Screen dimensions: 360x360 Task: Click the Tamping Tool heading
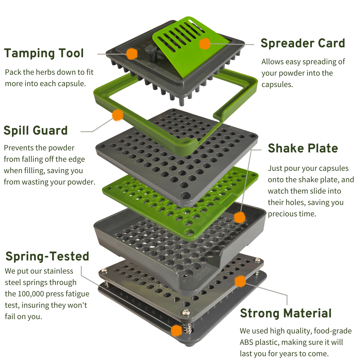[44, 53]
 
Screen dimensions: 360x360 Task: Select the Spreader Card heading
[303, 43]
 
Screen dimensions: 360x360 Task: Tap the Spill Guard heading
[36, 131]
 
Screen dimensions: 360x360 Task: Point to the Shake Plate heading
[303, 148]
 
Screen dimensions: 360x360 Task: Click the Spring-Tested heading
[47, 256]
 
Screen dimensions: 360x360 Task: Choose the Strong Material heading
[286, 313]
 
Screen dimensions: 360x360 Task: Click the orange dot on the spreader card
[205, 44]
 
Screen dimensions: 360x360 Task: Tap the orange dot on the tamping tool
[132, 54]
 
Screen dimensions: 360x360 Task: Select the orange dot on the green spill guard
[118, 115]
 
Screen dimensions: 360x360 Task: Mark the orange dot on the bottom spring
[176, 331]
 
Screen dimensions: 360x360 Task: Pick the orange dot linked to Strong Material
[240, 281]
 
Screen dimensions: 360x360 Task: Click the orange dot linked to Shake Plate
[239, 218]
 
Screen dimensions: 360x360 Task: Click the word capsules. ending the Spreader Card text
[277, 84]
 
